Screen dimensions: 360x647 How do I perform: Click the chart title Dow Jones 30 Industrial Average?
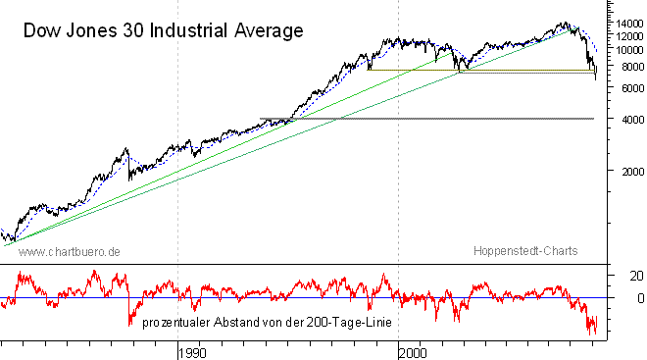click(x=163, y=31)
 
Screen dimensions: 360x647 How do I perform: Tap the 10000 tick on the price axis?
click(x=622, y=49)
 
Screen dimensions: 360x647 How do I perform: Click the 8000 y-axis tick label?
click(x=622, y=67)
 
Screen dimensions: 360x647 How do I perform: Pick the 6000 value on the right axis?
click(x=622, y=88)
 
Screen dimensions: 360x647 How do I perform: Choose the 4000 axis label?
click(x=622, y=119)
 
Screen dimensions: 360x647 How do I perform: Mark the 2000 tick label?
click(x=622, y=171)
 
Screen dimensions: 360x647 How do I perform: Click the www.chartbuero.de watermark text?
click(x=70, y=252)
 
